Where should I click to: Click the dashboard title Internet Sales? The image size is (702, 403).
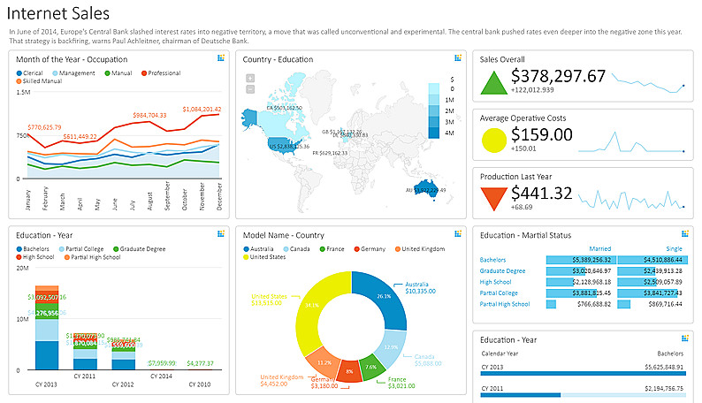(x=58, y=14)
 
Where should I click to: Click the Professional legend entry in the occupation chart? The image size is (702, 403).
(x=164, y=72)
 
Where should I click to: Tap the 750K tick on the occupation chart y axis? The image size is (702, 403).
(x=22, y=135)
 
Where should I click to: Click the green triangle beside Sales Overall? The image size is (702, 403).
(x=492, y=82)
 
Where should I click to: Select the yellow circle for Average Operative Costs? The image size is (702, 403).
(x=492, y=141)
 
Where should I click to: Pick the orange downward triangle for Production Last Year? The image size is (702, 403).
(x=492, y=199)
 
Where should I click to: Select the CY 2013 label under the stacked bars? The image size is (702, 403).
(x=47, y=384)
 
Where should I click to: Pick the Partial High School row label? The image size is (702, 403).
(x=504, y=304)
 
